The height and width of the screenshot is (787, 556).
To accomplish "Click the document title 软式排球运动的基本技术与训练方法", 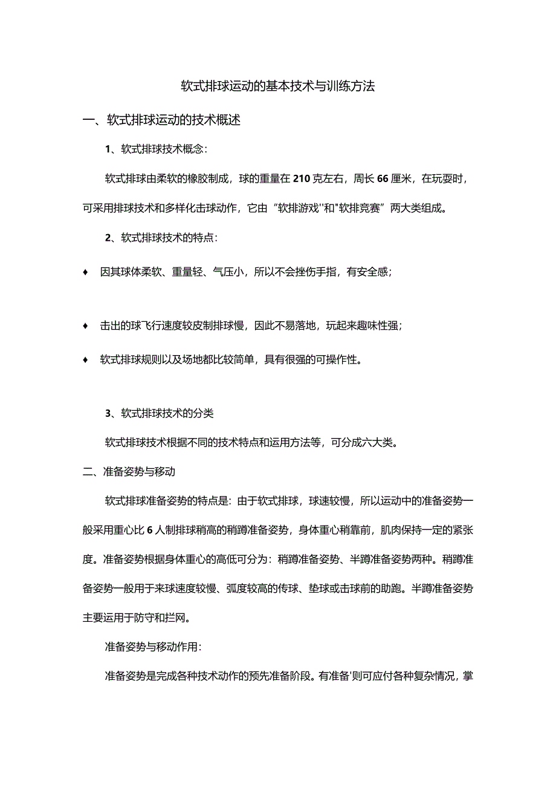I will point(278,87).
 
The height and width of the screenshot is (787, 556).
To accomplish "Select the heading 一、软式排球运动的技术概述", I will point(161,120).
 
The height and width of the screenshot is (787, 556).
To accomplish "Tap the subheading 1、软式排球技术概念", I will point(156,149).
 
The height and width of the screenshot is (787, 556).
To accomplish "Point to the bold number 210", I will point(301,178).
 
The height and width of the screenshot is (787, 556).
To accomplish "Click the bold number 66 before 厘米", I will point(382,178).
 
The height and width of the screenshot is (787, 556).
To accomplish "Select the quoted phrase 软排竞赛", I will point(361,208).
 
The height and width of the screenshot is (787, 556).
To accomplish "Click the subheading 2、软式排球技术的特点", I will point(161,238).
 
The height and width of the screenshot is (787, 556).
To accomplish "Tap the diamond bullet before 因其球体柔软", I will point(86,272).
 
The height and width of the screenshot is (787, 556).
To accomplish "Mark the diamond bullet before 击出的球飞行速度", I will point(86,326).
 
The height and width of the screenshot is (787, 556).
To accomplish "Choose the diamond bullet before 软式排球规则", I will point(86,360).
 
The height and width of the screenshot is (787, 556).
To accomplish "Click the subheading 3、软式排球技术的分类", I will point(159,414).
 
